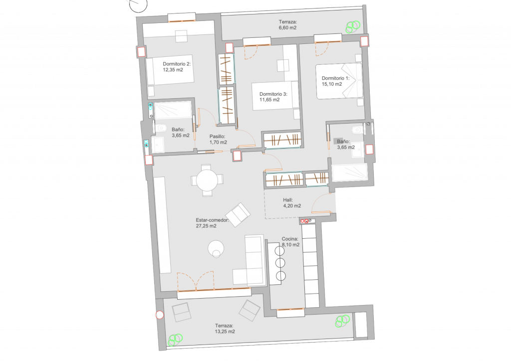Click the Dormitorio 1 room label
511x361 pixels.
pyautogui.click(x=335, y=78)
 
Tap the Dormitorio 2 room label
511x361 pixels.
pyautogui.click(x=177, y=64)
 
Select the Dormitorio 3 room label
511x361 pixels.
pyautogui.click(x=273, y=94)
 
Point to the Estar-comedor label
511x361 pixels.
pyautogui.click(x=212, y=220)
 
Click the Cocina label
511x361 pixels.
pyautogui.click(x=290, y=239)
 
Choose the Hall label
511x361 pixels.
pyautogui.click(x=288, y=200)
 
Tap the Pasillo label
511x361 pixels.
pyautogui.click(x=218, y=137)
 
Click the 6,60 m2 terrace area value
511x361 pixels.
pyautogui.click(x=287, y=27)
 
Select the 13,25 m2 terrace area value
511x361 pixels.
pyautogui.click(x=225, y=332)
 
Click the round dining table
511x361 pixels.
pyautogui.click(x=207, y=180)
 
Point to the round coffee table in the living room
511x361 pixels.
pyautogui.click(x=216, y=249)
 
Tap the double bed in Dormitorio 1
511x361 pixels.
pyautogui.click(x=339, y=81)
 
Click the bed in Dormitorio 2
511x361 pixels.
pyautogui.click(x=170, y=71)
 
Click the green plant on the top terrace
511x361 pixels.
pyautogui.click(x=353, y=27)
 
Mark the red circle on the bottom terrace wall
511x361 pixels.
pyautogui.click(x=159, y=315)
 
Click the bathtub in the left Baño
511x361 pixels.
pyautogui.click(x=173, y=110)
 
